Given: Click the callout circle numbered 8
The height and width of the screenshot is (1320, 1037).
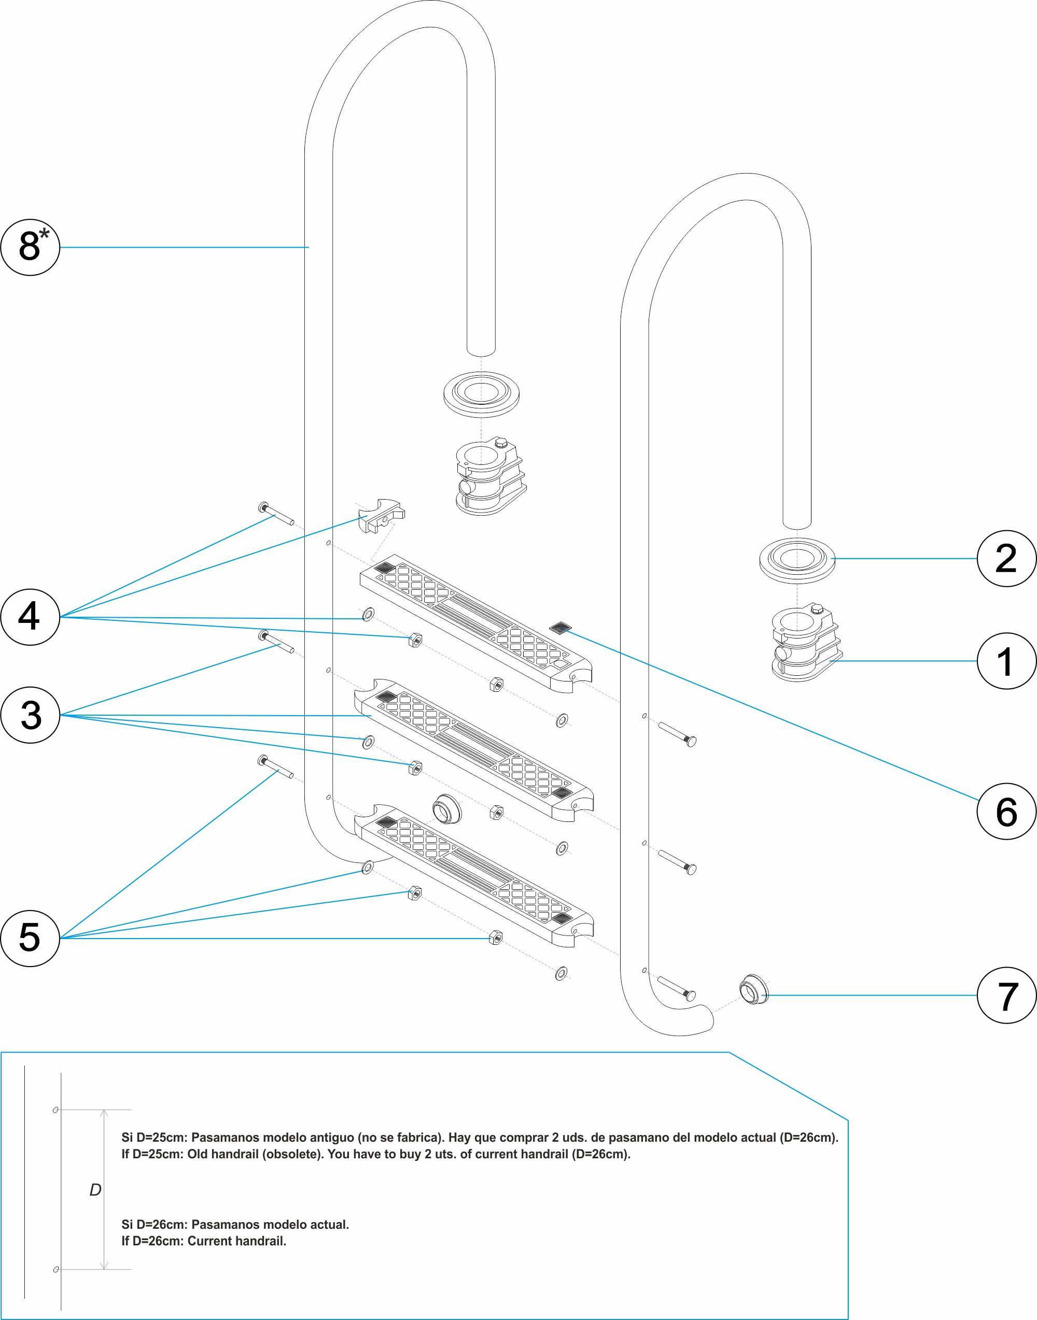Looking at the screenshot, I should coord(31,247).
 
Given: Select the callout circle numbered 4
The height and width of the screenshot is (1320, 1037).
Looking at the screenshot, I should coord(31,617).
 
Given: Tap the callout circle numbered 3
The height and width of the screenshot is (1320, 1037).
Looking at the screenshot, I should coord(31,715).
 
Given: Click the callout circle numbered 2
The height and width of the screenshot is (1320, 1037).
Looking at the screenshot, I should coord(1006,558).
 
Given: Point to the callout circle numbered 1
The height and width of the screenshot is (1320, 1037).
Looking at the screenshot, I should coord(1006,661).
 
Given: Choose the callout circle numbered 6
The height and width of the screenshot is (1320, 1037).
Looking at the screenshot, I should coord(1006,812).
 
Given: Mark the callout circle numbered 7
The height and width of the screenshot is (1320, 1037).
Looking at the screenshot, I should coord(1006,995).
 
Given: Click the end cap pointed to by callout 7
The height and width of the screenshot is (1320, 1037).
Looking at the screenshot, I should coord(753,990).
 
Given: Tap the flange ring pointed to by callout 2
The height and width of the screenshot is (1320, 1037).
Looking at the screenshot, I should coord(797,560).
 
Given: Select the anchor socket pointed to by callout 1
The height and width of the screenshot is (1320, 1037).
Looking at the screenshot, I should coord(805,643).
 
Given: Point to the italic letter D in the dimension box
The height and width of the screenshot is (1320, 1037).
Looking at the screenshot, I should coord(95,1189).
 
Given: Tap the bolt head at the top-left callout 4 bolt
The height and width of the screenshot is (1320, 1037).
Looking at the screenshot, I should coord(263,507).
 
